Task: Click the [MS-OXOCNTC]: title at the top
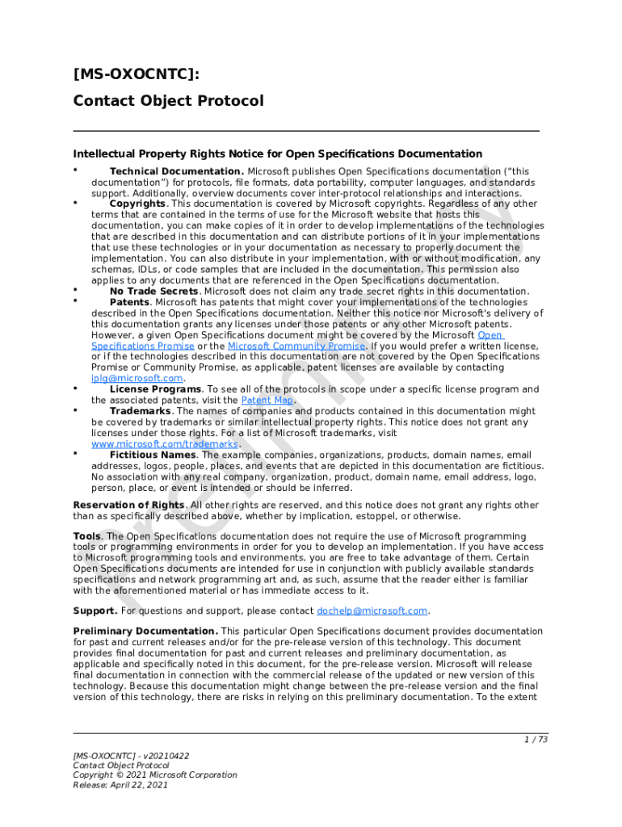pyautogui.click(x=135, y=75)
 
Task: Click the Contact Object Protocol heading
pyautogui.click(x=168, y=101)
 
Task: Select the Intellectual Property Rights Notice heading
pyautogui.click(x=277, y=153)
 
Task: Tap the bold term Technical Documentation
pyautogui.click(x=176, y=171)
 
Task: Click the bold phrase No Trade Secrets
pyautogui.click(x=153, y=291)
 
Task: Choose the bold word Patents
pyautogui.click(x=129, y=302)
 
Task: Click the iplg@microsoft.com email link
pyautogui.click(x=137, y=378)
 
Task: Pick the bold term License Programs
pyautogui.click(x=155, y=389)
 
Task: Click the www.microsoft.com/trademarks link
pyautogui.click(x=165, y=443)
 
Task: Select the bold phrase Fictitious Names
pyautogui.click(x=153, y=455)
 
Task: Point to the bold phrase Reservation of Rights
pyautogui.click(x=128, y=505)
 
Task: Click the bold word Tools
pyautogui.click(x=87, y=536)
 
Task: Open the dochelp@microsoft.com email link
pyautogui.click(x=372, y=611)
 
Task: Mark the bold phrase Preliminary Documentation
pyautogui.click(x=145, y=631)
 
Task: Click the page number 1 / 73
pyautogui.click(x=536, y=739)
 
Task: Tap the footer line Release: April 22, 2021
pyautogui.click(x=120, y=784)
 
